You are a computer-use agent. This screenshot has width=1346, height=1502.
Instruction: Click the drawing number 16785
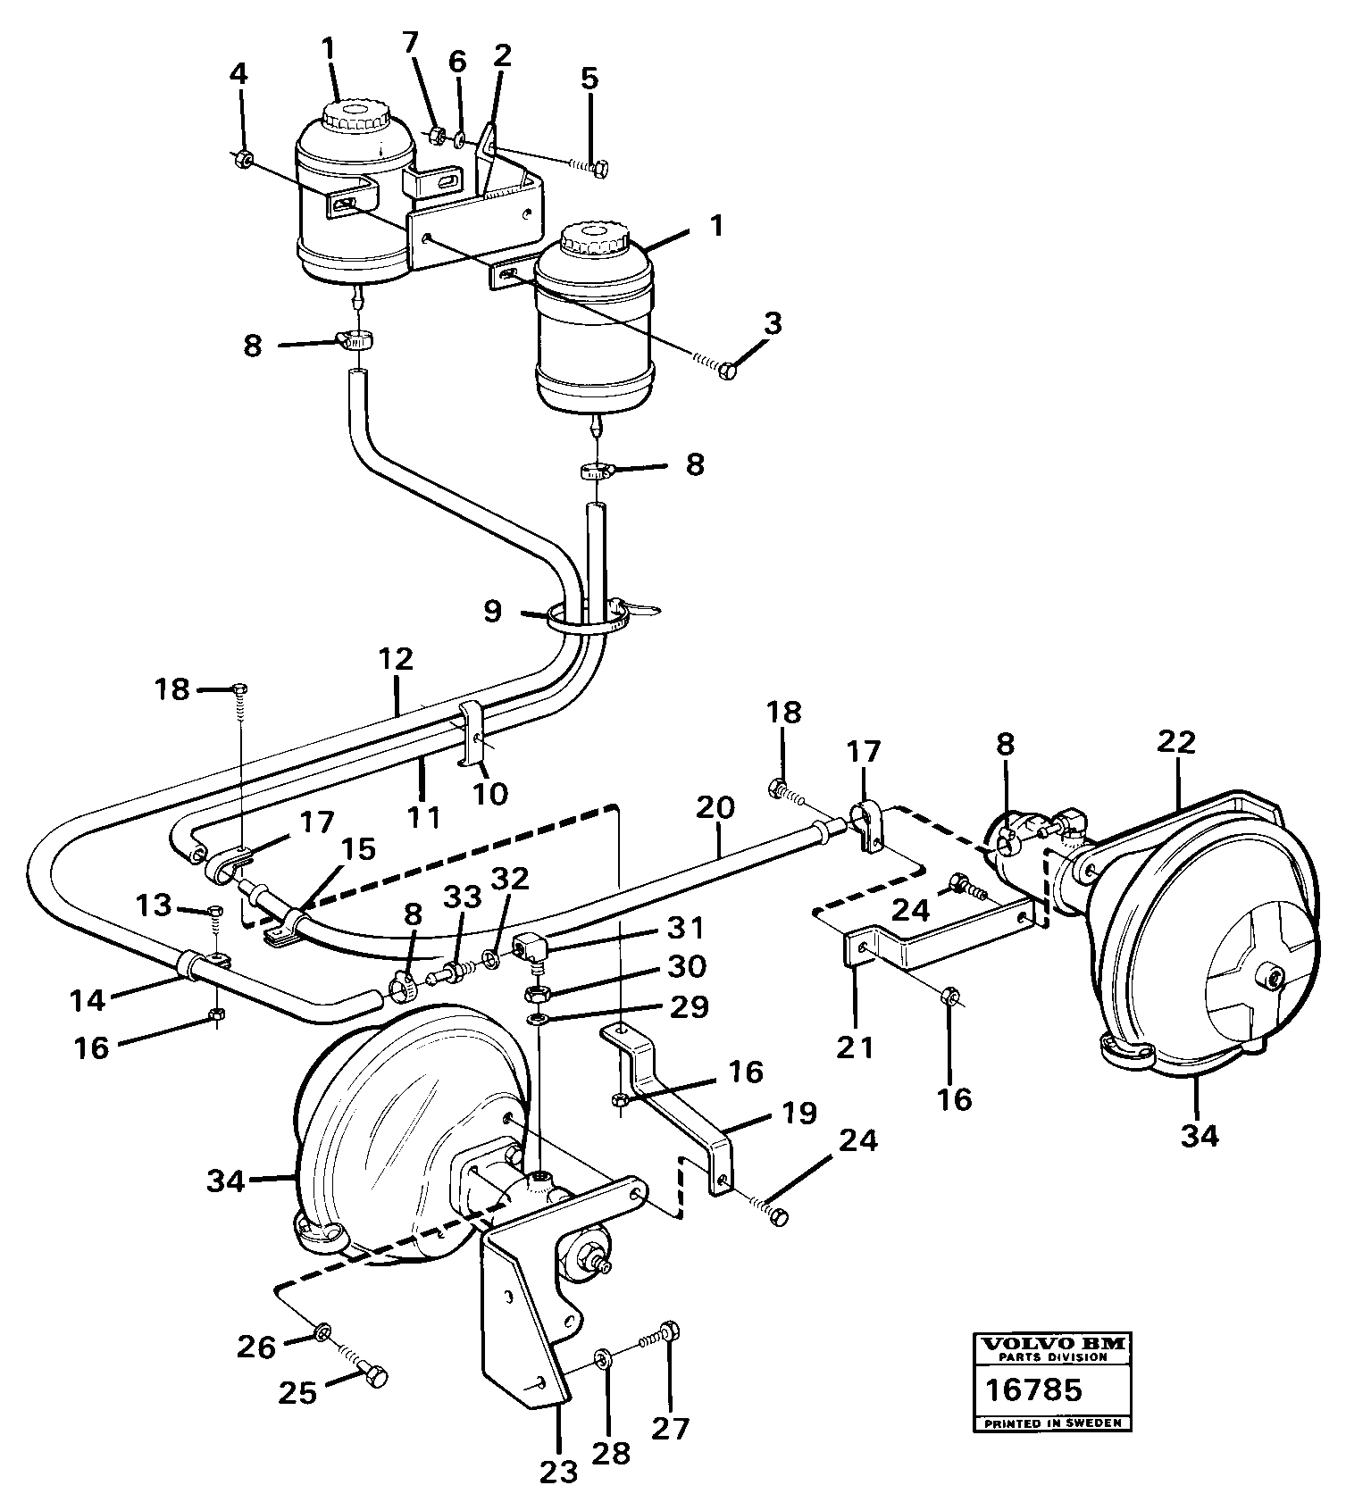pyautogui.click(x=1033, y=1389)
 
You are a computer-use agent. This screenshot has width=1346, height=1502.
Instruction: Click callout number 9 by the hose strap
pyautogui.click(x=493, y=612)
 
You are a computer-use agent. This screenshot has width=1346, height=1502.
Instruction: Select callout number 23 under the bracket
pyautogui.click(x=559, y=1471)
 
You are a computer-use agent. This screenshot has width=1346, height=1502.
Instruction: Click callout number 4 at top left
pyautogui.click(x=238, y=73)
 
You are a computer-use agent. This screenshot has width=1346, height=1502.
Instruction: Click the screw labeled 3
pyautogui.click(x=728, y=370)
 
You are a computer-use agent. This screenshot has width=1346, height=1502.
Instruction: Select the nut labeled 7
pyautogui.click(x=437, y=136)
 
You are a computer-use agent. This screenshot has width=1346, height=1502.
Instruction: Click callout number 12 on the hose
pyautogui.click(x=397, y=659)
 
